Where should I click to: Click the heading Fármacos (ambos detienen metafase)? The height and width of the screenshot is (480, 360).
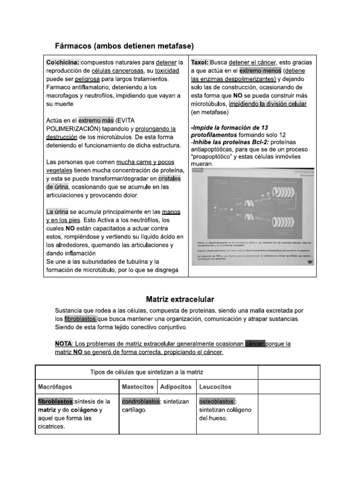(125, 45)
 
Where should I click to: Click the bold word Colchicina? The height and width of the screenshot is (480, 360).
(63, 62)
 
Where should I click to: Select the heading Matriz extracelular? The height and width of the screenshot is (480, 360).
(180, 299)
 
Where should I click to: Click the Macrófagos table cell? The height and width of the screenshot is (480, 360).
(55, 387)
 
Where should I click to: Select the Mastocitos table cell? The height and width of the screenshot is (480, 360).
(137, 387)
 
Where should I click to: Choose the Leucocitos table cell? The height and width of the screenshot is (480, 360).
(215, 387)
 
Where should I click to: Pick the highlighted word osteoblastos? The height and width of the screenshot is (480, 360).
(217, 402)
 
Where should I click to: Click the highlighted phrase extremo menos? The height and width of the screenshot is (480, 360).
(257, 71)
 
